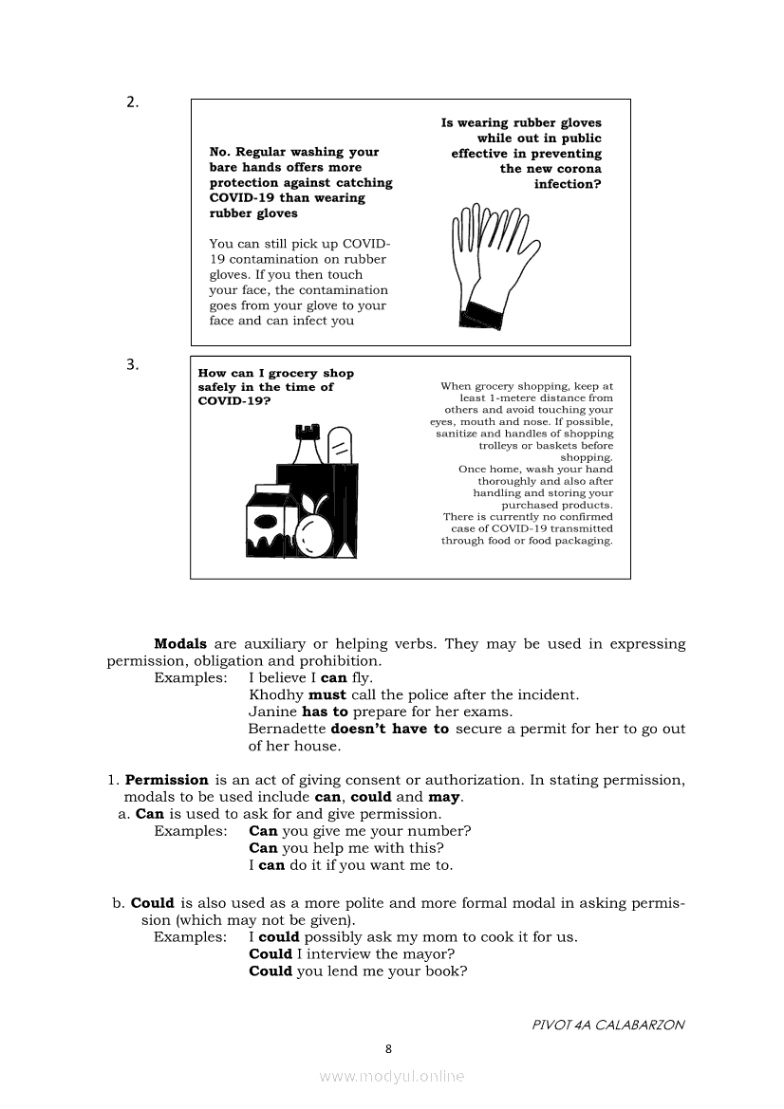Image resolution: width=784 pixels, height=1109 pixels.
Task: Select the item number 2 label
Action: (x=133, y=103)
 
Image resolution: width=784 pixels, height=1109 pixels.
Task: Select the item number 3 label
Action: (x=133, y=363)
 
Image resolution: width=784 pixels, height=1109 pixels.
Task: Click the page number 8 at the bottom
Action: (x=388, y=1048)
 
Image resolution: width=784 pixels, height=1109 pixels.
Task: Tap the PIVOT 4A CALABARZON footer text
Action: (x=607, y=1025)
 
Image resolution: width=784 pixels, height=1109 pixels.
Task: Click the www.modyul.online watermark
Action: (x=392, y=1076)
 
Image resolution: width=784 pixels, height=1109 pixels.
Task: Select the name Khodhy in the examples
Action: (x=276, y=694)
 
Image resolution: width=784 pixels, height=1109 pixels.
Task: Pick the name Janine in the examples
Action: (x=272, y=712)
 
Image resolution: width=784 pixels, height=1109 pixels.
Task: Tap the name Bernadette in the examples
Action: (x=287, y=729)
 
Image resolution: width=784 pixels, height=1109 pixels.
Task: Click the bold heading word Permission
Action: (x=166, y=780)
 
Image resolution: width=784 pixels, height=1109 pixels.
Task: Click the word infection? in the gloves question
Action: (x=568, y=184)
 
